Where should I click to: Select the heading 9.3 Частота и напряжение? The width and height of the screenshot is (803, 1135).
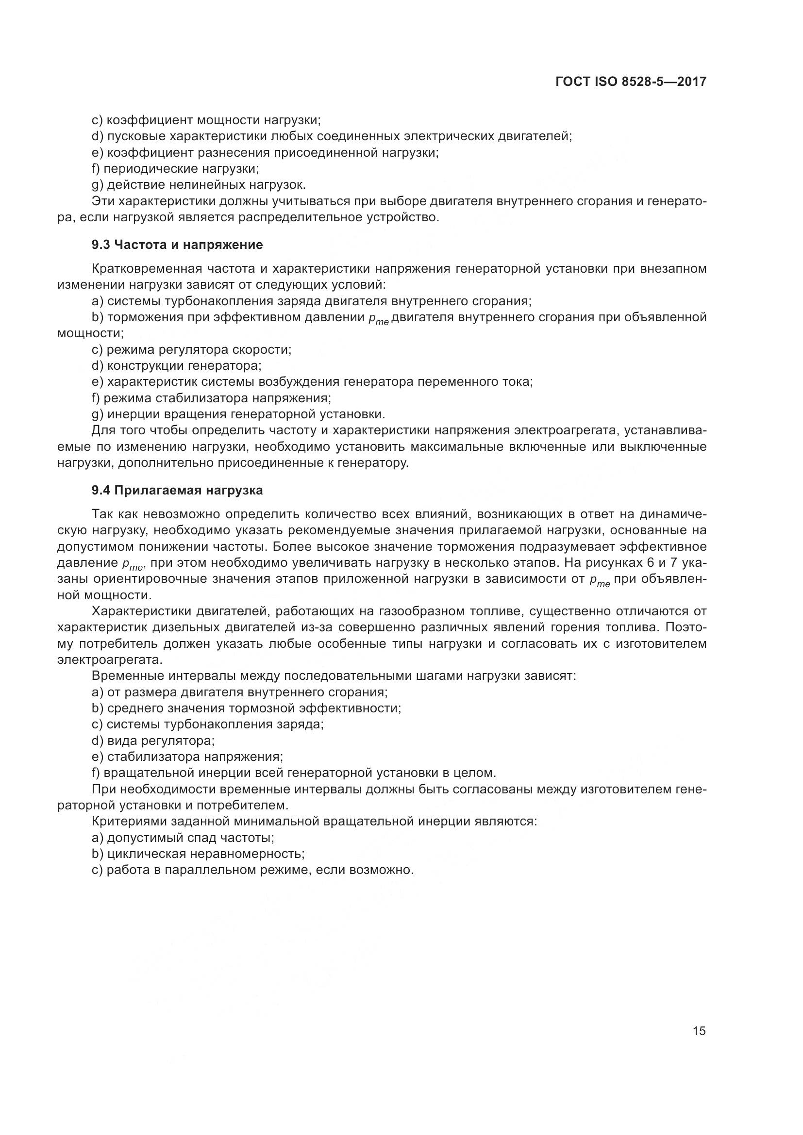[177, 245]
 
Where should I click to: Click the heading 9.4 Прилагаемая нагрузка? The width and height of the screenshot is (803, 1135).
[177, 491]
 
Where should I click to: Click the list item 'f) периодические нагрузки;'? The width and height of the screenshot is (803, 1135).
[176, 168]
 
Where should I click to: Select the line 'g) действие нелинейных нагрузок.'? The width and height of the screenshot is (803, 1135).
[199, 185]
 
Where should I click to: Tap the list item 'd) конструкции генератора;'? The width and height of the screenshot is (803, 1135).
[177, 366]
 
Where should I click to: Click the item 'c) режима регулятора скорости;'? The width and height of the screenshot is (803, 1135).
[191, 349]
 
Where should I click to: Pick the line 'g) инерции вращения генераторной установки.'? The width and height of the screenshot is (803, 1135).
[238, 414]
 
